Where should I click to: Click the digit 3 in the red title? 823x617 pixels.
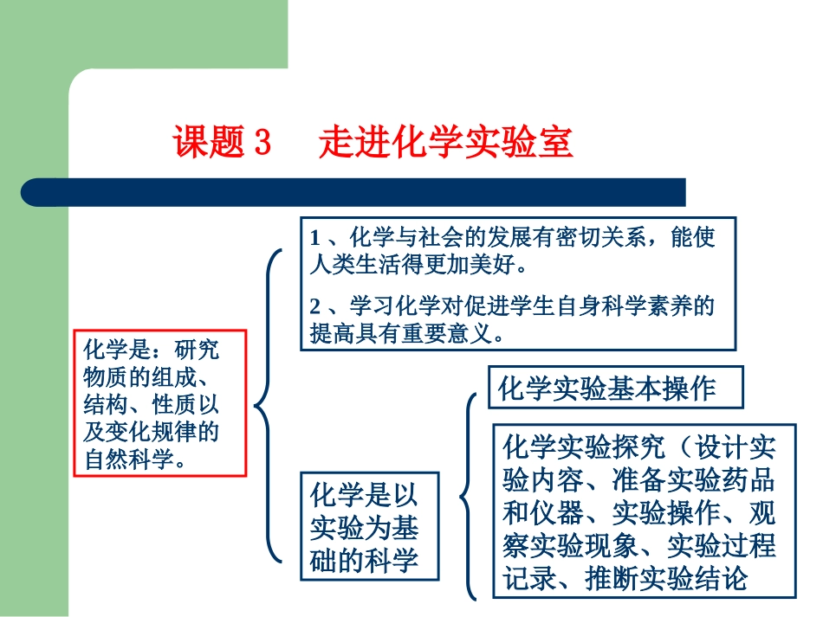click(262, 143)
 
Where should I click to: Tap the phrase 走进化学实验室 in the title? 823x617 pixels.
click(445, 143)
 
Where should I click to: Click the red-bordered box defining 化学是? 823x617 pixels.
click(160, 403)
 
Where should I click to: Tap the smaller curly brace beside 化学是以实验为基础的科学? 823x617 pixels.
click(469, 497)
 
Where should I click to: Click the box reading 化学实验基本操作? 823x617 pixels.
click(616, 389)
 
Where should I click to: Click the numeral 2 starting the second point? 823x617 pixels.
click(315, 306)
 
